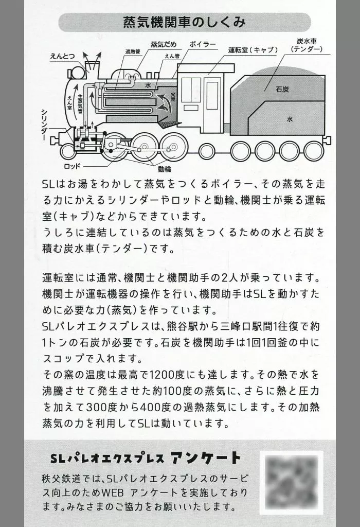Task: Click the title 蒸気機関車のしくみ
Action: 184,22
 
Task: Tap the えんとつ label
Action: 62,56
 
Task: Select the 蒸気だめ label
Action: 164,45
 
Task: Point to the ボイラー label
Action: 203,44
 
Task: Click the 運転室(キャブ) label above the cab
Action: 253,50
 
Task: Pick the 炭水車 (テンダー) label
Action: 307,45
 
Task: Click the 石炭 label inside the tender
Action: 282,89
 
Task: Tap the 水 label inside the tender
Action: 290,119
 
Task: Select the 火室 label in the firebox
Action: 173,97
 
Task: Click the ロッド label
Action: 72,166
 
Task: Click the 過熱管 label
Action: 133,51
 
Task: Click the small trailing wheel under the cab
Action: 208,151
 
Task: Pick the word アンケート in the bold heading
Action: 206,458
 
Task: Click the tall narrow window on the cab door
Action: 212,95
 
